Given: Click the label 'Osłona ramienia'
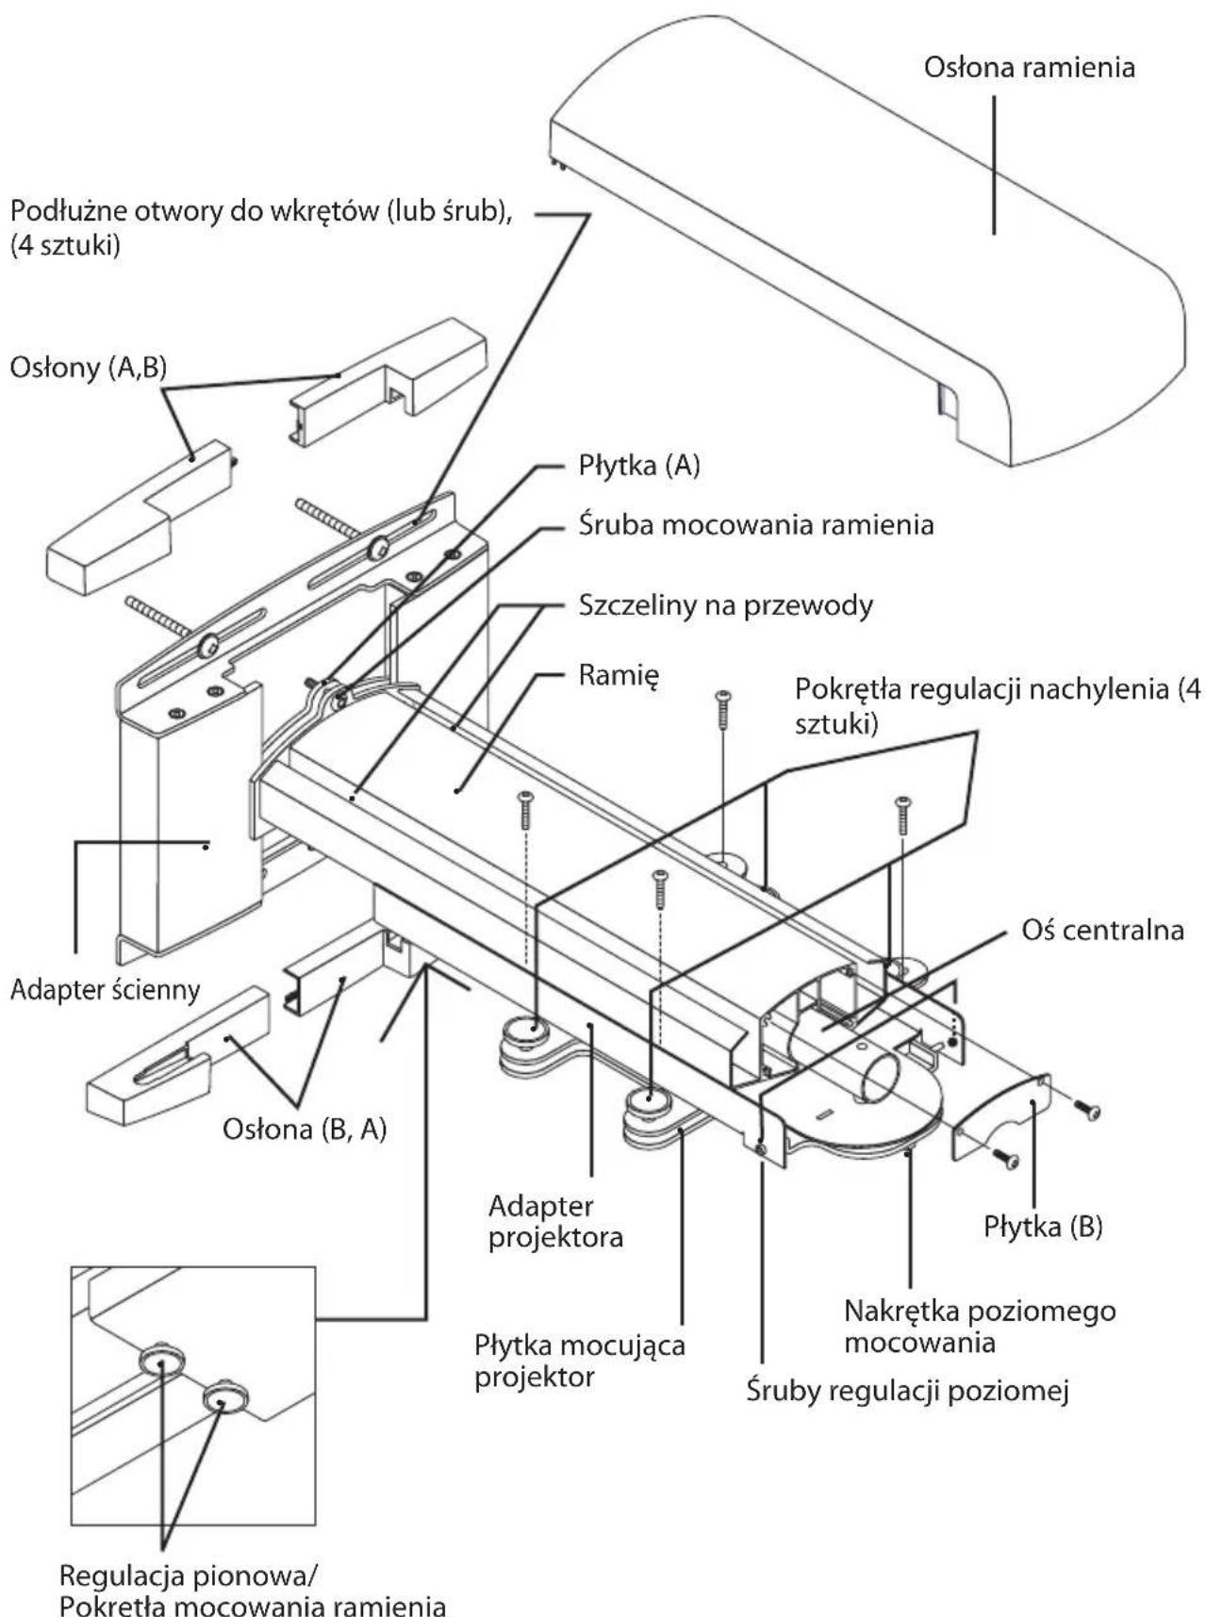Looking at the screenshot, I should pyautogui.click(x=1029, y=68).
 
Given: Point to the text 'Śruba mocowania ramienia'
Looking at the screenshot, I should pyautogui.click(x=755, y=524).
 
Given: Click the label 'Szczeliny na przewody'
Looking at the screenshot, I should pyautogui.click(x=725, y=604).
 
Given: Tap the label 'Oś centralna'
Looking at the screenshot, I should pyautogui.click(x=1102, y=930).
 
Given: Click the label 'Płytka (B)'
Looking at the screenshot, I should pyautogui.click(x=1043, y=1227).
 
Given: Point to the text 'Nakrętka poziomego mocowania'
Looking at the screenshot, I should pyautogui.click(x=979, y=1326).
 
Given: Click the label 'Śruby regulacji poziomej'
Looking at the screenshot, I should pyautogui.click(x=907, y=1392).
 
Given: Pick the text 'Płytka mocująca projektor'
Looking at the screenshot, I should pyautogui.click(x=579, y=1360).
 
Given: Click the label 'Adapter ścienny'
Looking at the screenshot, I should pyautogui.click(x=105, y=990).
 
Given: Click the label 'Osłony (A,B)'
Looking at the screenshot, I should pyautogui.click(x=88, y=368).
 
